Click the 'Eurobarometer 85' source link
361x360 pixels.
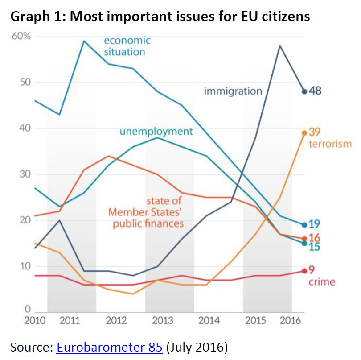point(109,347)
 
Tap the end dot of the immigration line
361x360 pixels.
point(304,91)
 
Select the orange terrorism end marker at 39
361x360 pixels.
point(304,132)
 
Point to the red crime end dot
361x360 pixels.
point(304,271)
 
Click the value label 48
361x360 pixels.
point(316,91)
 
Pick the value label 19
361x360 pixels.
point(315,224)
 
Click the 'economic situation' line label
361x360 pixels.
point(127,46)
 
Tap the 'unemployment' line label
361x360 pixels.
point(156,132)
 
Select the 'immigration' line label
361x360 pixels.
point(233,91)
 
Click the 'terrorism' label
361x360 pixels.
point(330,144)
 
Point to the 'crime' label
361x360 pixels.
point(321,281)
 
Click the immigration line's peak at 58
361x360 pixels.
point(280,45)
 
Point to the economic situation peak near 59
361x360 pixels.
point(84,41)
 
